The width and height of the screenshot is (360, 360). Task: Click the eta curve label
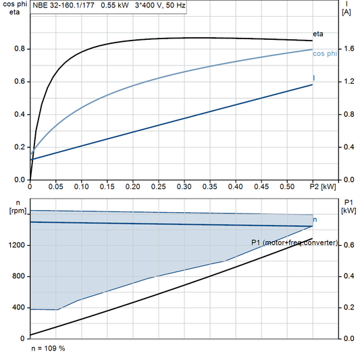(317, 33)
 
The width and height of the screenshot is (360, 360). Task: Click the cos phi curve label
(325, 54)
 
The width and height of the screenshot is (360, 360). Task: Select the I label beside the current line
(315, 78)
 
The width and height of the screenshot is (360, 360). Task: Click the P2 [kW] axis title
(323, 186)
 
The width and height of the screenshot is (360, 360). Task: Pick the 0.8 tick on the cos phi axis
(20, 49)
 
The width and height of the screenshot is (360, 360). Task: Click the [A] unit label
(346, 11)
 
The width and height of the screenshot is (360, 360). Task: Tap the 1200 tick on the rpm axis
(17, 246)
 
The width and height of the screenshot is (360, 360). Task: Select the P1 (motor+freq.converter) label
(294, 242)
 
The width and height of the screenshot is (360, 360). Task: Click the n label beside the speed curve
(315, 220)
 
